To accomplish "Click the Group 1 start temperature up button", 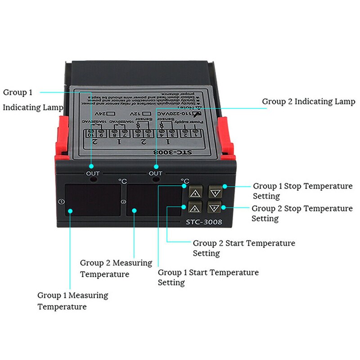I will [x=195, y=193].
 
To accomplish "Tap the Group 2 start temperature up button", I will [x=195, y=208].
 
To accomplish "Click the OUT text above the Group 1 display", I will [x=93, y=173].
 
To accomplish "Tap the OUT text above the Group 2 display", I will [x=155, y=173].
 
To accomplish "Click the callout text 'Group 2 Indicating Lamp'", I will [x=308, y=102].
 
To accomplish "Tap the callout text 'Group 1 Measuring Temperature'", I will [x=72, y=301].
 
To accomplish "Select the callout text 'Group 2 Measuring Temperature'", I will [x=116, y=268].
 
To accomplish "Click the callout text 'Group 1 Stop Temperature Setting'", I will [x=302, y=191].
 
